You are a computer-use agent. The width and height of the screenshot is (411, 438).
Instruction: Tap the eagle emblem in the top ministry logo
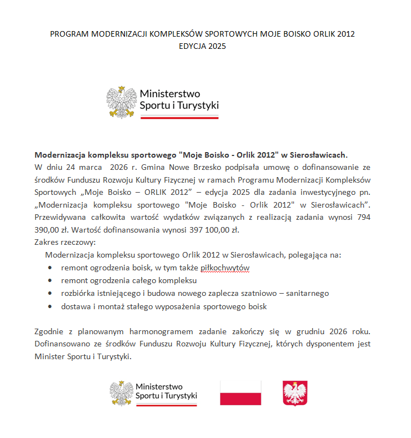(122, 102)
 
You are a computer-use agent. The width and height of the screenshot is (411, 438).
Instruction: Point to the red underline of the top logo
(179, 117)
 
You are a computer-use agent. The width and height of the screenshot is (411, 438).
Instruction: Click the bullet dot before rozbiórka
(51, 293)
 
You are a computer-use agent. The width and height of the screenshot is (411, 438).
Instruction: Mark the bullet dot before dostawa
(51, 306)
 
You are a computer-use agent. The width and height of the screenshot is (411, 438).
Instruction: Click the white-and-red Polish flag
(240, 393)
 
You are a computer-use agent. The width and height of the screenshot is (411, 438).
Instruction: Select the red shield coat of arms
(295, 393)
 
